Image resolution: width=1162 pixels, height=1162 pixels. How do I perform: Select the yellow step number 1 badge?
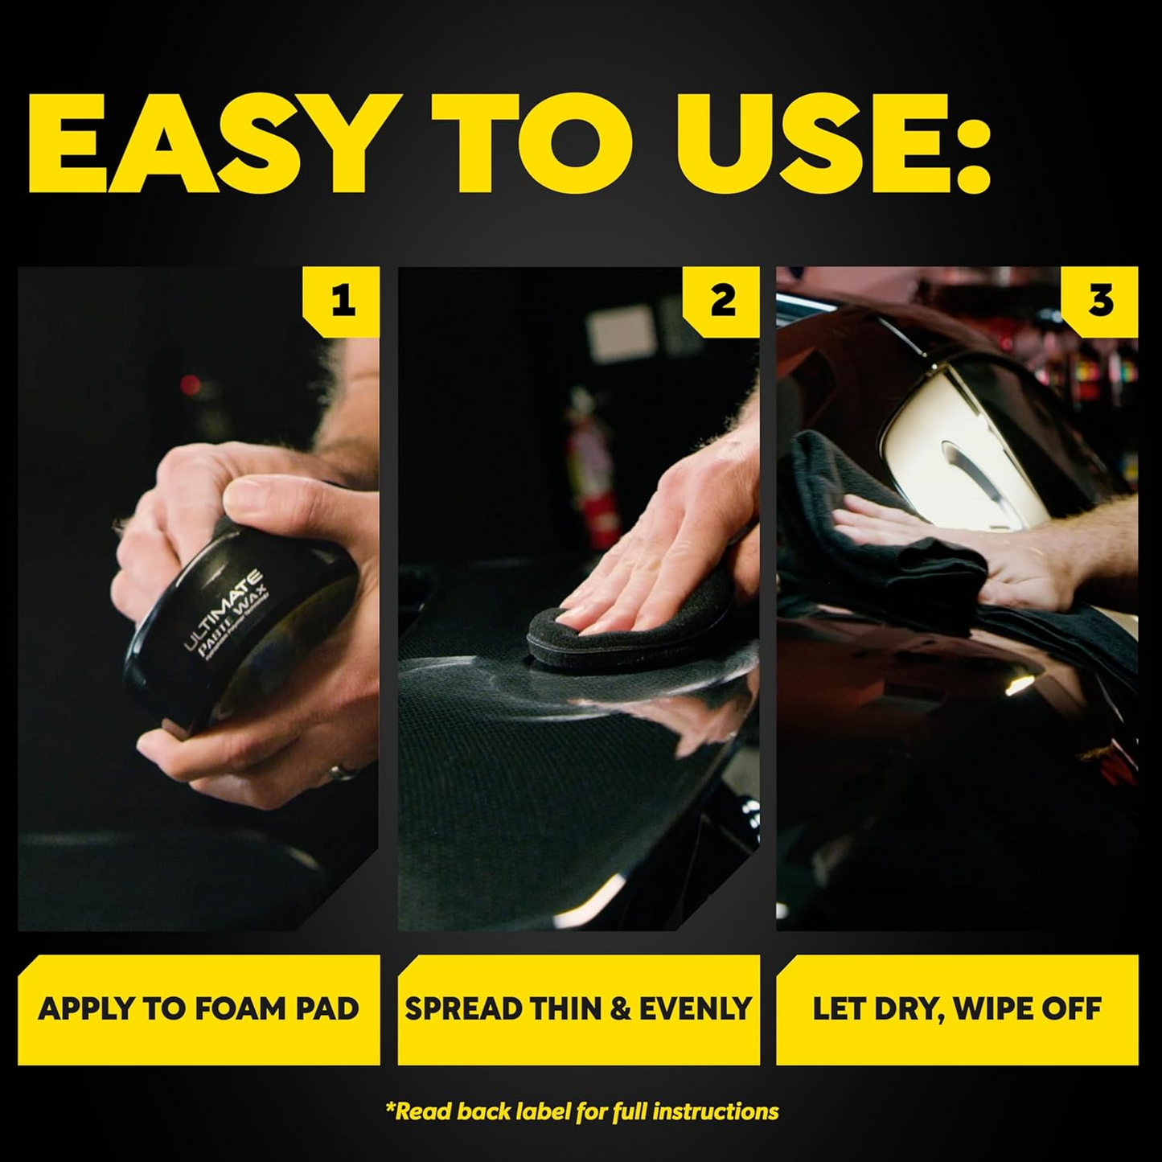point(342,302)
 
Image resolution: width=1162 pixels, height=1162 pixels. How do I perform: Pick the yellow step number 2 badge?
point(722,302)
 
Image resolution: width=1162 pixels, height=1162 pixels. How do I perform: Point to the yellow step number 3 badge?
point(1100,302)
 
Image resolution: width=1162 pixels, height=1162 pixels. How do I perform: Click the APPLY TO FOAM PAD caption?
point(199,1009)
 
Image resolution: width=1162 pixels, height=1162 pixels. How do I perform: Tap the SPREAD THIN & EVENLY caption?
point(578,1009)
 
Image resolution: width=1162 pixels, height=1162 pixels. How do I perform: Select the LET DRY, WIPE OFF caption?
point(957,1009)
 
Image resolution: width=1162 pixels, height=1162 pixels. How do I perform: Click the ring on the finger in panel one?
point(341,773)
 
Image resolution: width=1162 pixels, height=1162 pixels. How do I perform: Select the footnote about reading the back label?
point(581,1112)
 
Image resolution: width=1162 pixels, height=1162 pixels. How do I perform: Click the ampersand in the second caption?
point(620,1009)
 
